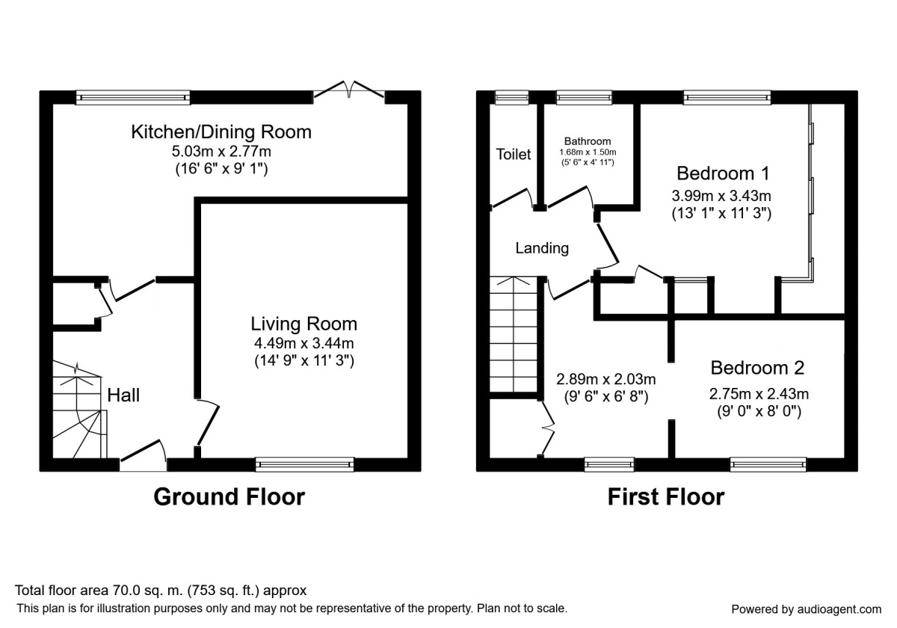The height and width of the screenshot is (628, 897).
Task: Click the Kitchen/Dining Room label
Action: [221, 132]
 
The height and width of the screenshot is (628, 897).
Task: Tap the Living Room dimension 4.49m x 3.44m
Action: [304, 343]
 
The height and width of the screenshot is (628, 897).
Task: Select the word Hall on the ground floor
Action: [123, 395]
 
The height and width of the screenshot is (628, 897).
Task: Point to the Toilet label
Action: [514, 154]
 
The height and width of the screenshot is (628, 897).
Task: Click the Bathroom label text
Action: [588, 141]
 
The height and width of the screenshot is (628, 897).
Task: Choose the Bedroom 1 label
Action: [723, 173]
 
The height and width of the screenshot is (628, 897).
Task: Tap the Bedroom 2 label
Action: [757, 368]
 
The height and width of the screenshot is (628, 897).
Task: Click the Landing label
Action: [542, 248]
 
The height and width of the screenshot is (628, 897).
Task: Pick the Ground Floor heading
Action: [229, 497]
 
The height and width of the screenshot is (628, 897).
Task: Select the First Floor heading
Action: [666, 497]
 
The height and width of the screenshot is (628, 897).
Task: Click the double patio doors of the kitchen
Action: [349, 90]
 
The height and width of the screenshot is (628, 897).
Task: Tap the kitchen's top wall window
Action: [133, 98]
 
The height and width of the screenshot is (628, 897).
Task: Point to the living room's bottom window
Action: [305, 464]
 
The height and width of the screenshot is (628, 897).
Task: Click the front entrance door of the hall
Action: [144, 456]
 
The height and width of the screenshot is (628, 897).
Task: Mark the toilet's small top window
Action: [512, 98]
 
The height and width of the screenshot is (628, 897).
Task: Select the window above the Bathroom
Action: [585, 98]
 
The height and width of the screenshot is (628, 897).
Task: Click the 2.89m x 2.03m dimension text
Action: [606, 379]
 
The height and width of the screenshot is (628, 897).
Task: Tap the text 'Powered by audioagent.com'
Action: [806, 609]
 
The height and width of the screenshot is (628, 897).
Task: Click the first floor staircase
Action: [513, 334]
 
